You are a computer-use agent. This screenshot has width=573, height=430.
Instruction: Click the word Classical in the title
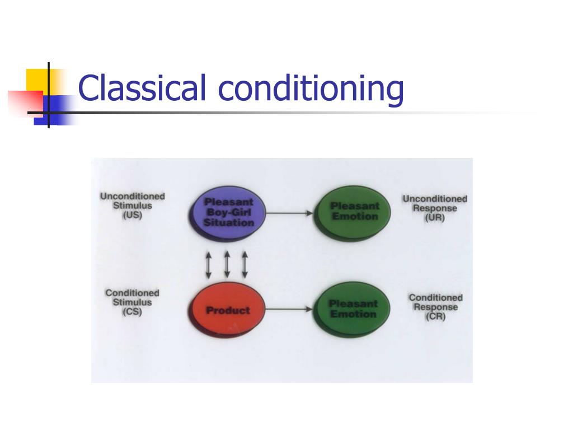[144, 88]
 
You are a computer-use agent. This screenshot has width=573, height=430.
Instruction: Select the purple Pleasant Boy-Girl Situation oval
[228, 213]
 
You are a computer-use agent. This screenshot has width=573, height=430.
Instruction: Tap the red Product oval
[228, 310]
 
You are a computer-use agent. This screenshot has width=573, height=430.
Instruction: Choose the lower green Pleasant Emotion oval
[353, 309]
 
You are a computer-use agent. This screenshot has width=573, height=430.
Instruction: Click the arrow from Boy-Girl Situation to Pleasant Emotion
[289, 213]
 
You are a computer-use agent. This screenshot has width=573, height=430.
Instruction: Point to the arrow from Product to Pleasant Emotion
[289, 309]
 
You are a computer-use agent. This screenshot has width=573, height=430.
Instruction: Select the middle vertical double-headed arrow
[227, 264]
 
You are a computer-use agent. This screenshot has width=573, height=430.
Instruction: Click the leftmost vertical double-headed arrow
[208, 264]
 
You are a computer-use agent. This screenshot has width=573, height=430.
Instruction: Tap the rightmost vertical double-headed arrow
[245, 264]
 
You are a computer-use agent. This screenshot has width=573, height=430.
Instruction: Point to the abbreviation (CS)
[132, 312]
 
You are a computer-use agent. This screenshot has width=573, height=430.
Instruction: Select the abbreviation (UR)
[435, 218]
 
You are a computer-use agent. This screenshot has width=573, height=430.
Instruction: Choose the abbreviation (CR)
[435, 317]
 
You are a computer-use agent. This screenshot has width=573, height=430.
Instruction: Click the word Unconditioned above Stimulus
[133, 197]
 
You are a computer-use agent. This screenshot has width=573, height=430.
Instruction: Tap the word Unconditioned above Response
[435, 199]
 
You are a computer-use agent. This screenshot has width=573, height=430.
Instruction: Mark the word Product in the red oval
[228, 310]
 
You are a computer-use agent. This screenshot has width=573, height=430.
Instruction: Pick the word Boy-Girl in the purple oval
[229, 212]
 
